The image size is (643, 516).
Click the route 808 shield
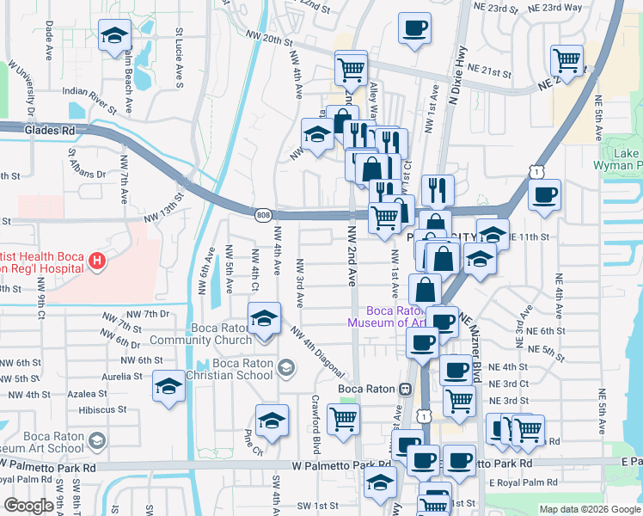pos(262,213)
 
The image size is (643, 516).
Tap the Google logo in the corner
pos(28,506)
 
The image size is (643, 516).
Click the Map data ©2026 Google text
pos(589,509)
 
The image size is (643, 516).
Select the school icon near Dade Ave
pos(113,36)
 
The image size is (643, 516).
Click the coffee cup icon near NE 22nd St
pos(414,28)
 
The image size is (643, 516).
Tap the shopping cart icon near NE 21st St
pos(567,59)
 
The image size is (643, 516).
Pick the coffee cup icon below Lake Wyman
pos(544,195)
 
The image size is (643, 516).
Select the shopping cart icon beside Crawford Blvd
pos(344,419)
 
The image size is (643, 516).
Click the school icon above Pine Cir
pos(272,420)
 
